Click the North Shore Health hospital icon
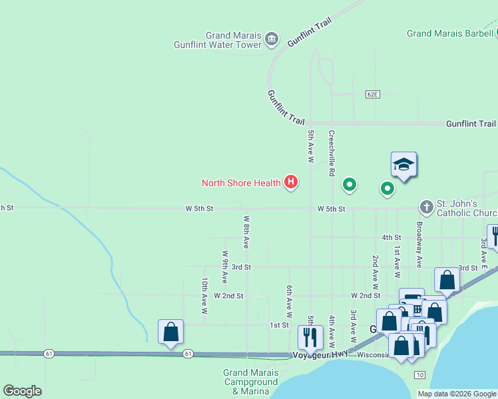pos(290,182)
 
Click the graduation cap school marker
pos(403,164)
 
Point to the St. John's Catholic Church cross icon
pos(427,207)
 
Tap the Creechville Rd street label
pos(331,153)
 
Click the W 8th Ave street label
pos(246,231)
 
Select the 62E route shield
pos(372,94)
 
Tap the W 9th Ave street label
pos(225,267)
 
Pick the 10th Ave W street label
pos(204,296)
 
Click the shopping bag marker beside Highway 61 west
pos(170,332)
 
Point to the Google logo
pos(22,391)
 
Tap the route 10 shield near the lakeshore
pos(419,376)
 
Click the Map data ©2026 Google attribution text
pos(457,394)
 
